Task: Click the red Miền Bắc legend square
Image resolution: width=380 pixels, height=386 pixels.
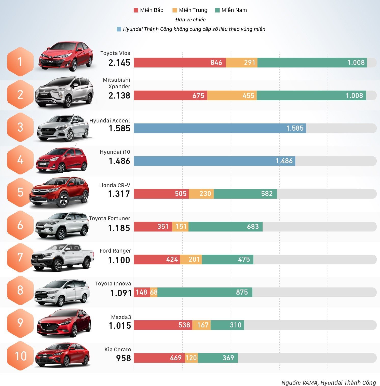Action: point(136,10)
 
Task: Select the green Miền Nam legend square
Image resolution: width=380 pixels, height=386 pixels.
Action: point(217,10)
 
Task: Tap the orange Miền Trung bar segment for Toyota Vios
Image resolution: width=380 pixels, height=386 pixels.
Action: point(241,63)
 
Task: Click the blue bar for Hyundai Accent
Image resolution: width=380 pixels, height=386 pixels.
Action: point(220,128)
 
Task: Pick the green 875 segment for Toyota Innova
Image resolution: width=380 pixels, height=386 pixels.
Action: point(205,292)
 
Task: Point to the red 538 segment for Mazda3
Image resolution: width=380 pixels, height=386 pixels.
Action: point(163,325)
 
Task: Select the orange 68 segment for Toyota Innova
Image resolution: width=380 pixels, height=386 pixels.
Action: point(154,292)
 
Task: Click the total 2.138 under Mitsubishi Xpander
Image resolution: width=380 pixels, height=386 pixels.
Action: point(119,95)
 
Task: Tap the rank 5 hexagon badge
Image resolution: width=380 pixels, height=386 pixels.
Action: point(20,192)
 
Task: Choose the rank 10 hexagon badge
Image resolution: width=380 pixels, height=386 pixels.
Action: point(20,356)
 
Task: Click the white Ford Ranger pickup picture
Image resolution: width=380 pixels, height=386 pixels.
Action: point(62,257)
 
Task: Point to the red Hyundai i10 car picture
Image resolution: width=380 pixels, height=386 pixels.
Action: point(62,160)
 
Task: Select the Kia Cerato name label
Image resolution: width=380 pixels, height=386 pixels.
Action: point(118,350)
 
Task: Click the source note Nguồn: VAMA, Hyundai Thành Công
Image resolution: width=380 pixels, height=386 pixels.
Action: point(329,383)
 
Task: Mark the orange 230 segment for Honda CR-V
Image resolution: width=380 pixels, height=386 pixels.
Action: point(201,194)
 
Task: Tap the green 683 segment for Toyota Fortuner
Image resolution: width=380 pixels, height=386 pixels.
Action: point(225,227)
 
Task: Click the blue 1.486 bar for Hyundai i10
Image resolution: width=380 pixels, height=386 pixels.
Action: point(214,161)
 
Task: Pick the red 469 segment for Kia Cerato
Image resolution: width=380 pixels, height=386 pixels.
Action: point(159,358)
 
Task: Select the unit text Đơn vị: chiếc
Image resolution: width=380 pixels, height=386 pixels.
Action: point(190,20)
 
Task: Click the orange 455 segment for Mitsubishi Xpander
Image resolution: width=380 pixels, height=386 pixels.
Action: point(232,95)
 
